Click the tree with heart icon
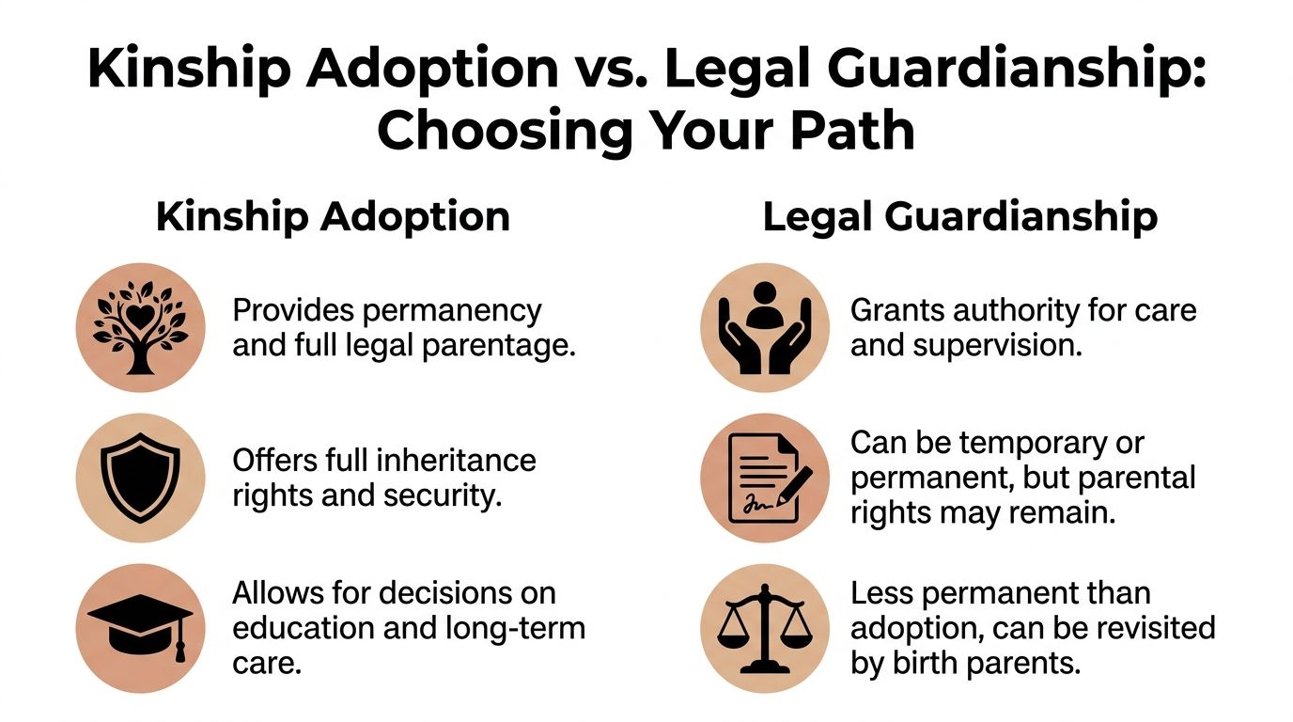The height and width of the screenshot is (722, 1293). (140, 327)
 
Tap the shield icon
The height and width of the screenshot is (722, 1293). (140, 478)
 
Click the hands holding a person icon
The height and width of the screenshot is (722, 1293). (765, 327)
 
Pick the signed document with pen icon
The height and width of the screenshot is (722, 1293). (765, 478)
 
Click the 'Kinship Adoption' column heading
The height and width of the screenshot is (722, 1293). (333, 217)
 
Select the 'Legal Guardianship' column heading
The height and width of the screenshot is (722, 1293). (959, 217)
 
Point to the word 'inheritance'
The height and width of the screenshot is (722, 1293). (457, 461)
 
